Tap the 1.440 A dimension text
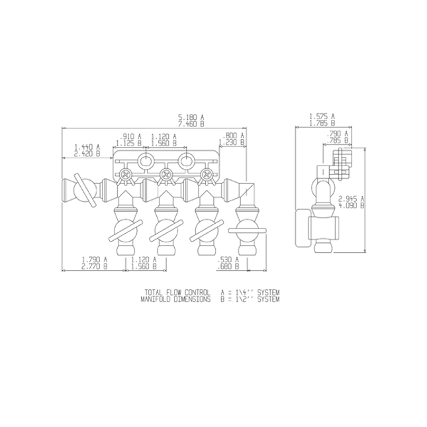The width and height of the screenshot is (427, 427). click(x=87, y=147)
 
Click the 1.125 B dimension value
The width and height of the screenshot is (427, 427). click(x=129, y=142)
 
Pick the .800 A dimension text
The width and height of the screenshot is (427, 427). click(x=233, y=136)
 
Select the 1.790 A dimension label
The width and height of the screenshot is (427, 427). click(x=94, y=260)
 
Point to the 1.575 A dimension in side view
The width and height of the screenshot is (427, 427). click(x=322, y=117)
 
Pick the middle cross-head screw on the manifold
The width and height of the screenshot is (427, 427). click(x=166, y=175)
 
